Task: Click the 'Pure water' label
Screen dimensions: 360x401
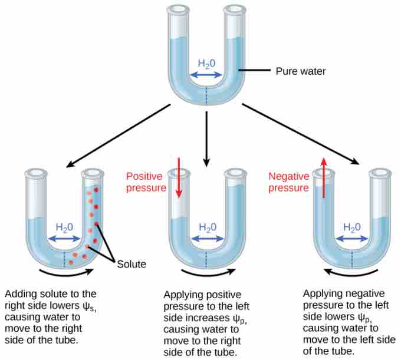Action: tap(301, 71)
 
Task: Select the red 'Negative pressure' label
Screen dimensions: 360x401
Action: tap(289, 182)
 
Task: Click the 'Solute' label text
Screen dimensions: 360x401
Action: tap(131, 264)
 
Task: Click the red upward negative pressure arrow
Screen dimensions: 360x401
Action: tap(323, 177)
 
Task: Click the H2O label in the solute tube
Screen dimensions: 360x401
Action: tap(65, 227)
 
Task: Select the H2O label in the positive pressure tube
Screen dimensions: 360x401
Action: tap(207, 227)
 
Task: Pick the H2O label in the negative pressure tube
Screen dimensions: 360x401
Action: tap(352, 227)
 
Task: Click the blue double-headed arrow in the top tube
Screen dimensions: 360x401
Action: tap(206, 75)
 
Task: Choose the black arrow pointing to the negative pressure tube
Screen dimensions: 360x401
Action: tap(301, 134)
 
